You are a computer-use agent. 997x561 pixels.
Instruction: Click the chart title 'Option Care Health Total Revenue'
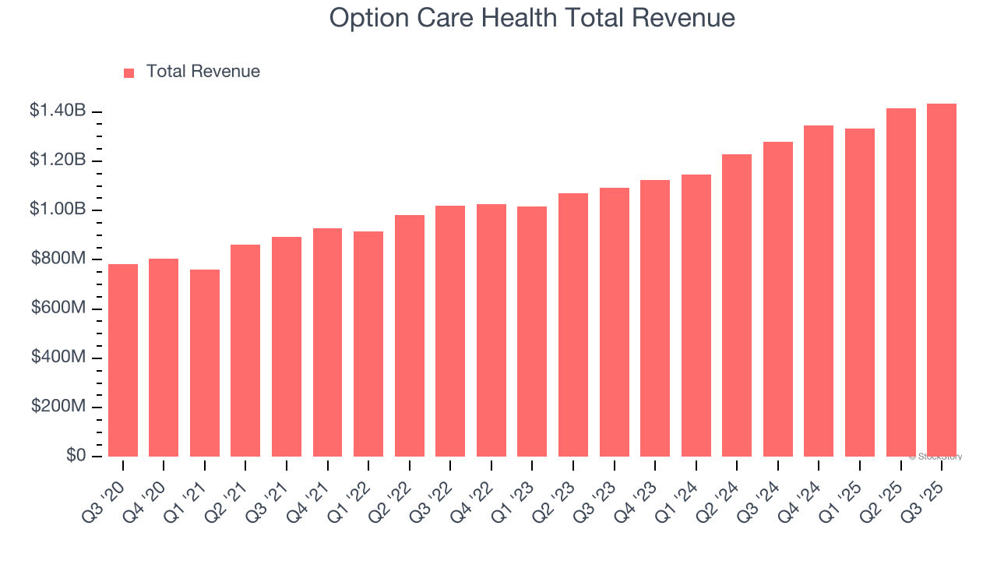(x=532, y=18)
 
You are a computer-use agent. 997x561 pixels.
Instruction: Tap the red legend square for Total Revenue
(x=129, y=72)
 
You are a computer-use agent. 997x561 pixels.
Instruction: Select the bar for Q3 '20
(x=123, y=360)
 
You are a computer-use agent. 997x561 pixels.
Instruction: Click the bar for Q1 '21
(x=205, y=363)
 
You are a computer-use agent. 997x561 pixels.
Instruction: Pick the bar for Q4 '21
(x=327, y=342)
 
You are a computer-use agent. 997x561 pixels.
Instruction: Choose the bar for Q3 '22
(x=450, y=331)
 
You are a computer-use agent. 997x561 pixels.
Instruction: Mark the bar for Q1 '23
(x=532, y=331)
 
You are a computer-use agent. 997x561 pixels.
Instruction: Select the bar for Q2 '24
(x=737, y=305)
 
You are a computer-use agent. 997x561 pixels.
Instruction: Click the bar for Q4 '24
(x=819, y=291)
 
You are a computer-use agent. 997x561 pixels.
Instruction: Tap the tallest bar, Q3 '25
(x=941, y=280)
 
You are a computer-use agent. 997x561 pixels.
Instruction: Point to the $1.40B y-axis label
(x=58, y=111)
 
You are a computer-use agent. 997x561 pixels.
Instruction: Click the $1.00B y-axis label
(x=58, y=210)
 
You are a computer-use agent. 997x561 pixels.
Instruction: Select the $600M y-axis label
(x=59, y=309)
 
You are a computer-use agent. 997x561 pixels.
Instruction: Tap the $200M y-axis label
(x=59, y=407)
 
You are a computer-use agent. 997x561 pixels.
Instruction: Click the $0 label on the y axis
(x=76, y=456)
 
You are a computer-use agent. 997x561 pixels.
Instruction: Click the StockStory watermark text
(x=935, y=457)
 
